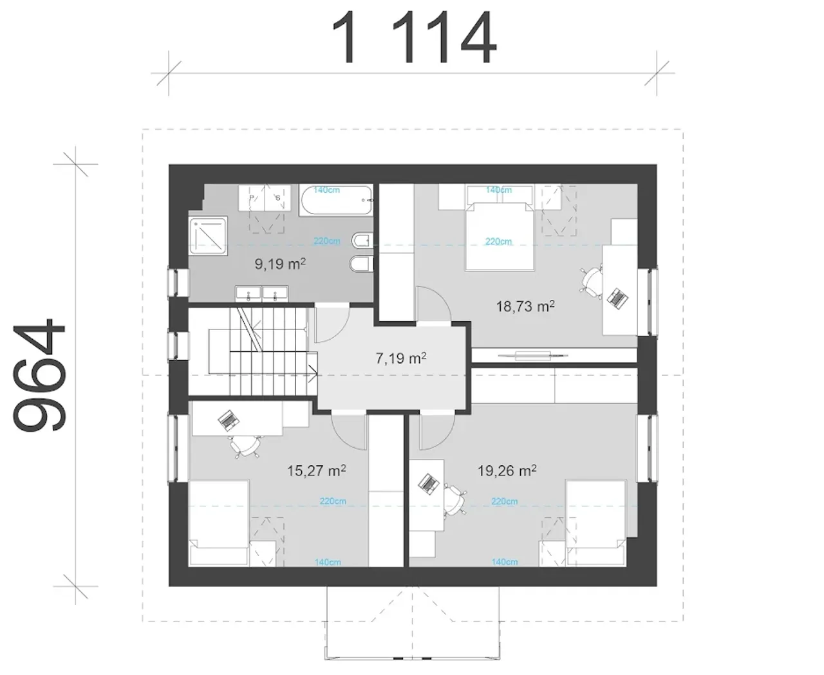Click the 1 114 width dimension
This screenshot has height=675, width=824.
pos(414,37)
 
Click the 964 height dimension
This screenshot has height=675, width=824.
pos(39,375)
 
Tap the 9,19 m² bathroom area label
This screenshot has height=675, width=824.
pos(280,264)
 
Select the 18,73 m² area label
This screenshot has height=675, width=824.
pos(525,306)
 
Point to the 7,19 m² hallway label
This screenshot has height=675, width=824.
pos(401,358)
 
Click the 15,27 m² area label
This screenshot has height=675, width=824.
pos(317,471)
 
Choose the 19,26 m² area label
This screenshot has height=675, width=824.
pos(507,471)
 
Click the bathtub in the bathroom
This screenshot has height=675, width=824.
pos(335,200)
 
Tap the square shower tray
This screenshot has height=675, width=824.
pos(208,237)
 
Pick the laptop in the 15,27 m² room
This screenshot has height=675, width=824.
pos(229,420)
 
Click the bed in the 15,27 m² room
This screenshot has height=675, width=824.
pos(218,522)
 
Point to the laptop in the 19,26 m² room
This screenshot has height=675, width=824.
pos(429,485)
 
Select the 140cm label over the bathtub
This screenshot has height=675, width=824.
pos(326,190)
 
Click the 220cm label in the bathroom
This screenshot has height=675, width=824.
pos(326,241)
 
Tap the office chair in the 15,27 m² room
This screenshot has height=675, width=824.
pos(245,446)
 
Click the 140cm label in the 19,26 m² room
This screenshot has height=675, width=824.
pos(505,562)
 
